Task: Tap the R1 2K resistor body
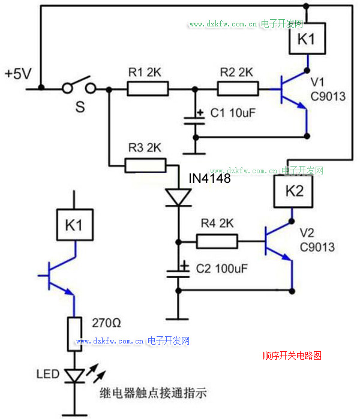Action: point(148,89)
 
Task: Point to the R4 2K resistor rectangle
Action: point(217,242)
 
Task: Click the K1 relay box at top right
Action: point(307,40)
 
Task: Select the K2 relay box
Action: point(291,192)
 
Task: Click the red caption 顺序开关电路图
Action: point(292,355)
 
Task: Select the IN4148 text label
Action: point(209,179)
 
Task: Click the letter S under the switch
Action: point(79,108)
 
